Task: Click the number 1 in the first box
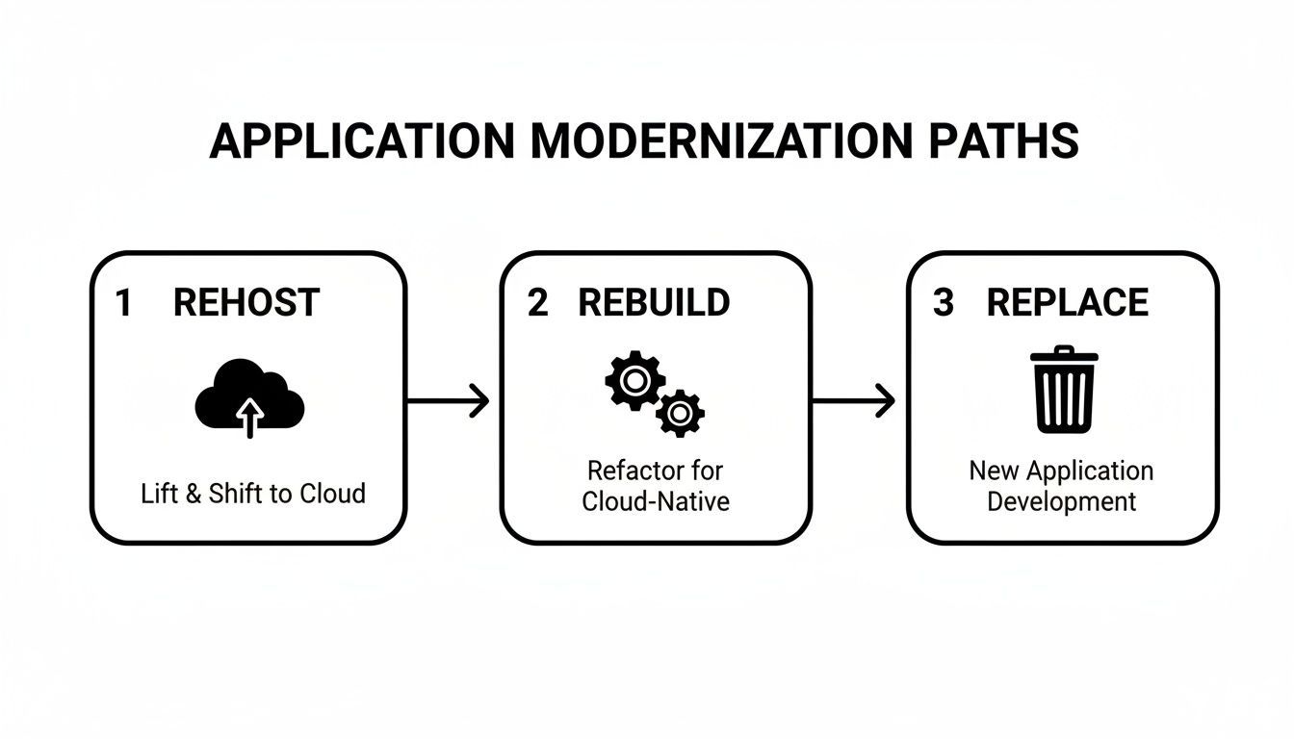[x=122, y=303]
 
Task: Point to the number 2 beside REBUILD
[x=537, y=303]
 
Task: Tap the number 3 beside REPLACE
[x=944, y=303]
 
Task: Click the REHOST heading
[x=246, y=303]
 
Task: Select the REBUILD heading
[x=654, y=303]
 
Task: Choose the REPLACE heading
[x=1068, y=303]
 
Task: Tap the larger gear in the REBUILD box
[x=633, y=381]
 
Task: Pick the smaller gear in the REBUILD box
[x=680, y=414]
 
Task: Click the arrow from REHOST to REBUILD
[x=449, y=399]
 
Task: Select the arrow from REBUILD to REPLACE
[x=854, y=399]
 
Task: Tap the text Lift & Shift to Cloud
[x=253, y=494]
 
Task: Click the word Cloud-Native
[x=655, y=501]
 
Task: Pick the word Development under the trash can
[x=1062, y=501]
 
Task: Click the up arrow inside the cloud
[x=250, y=419]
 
